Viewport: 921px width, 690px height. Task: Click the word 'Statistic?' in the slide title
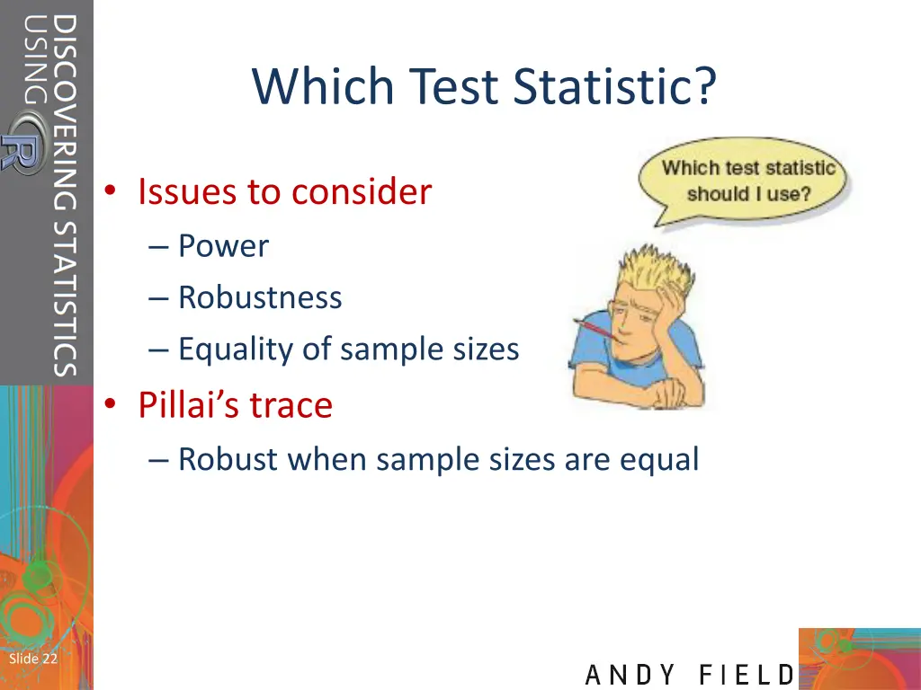pyautogui.click(x=616, y=87)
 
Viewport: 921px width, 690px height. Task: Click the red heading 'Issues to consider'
pyautogui.click(x=284, y=191)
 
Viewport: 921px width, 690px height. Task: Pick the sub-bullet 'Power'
pyautogui.click(x=223, y=245)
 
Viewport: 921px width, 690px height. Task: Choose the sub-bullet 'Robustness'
pyautogui.click(x=260, y=297)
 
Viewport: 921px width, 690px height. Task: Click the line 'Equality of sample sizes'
pyautogui.click(x=348, y=349)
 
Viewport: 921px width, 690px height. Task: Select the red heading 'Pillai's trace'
pyautogui.click(x=235, y=405)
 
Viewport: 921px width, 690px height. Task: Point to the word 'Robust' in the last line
pyautogui.click(x=227, y=459)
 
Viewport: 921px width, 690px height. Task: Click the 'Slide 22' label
pyautogui.click(x=32, y=659)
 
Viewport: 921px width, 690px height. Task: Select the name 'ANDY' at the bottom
pyautogui.click(x=632, y=675)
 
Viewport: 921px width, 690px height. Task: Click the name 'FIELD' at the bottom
pyautogui.click(x=747, y=675)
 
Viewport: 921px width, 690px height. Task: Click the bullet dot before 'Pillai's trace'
pyautogui.click(x=110, y=406)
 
